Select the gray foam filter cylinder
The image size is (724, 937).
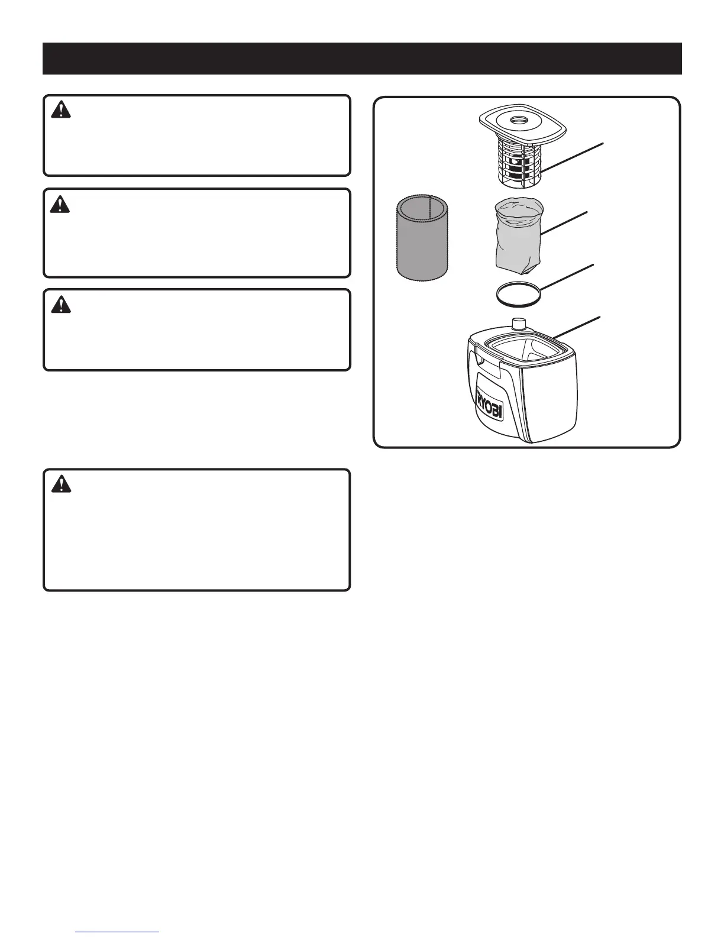coord(422,238)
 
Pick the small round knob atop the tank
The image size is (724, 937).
coord(519,324)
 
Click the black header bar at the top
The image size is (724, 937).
coord(362,58)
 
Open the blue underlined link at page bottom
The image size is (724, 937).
coord(118,932)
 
